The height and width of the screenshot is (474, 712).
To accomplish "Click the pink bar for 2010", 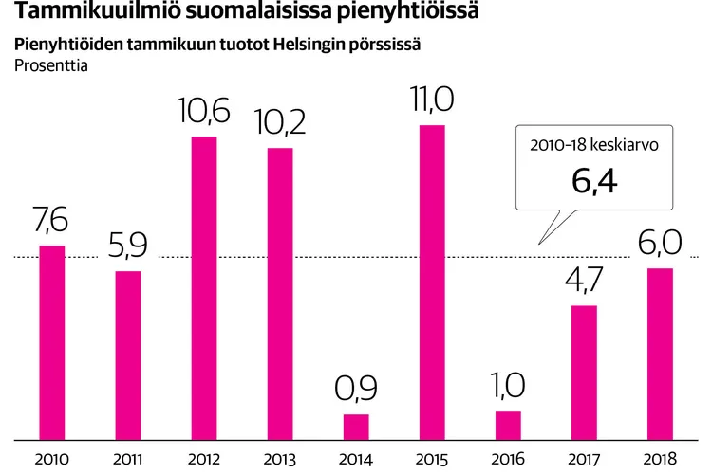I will click(52, 342).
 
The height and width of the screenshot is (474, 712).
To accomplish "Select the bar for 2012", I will click(204, 288).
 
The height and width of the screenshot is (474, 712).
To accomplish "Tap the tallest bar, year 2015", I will click(432, 283).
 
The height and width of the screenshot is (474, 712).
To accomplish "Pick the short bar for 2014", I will click(356, 427).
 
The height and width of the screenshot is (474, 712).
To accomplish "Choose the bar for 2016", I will click(508, 426).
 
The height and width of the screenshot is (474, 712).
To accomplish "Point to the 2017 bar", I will click(584, 373).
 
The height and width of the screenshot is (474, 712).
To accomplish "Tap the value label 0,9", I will click(356, 390).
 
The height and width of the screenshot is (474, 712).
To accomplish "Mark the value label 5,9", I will click(128, 247).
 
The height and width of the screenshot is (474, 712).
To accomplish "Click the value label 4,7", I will click(584, 282).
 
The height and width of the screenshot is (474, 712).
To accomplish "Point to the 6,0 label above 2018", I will click(659, 245).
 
